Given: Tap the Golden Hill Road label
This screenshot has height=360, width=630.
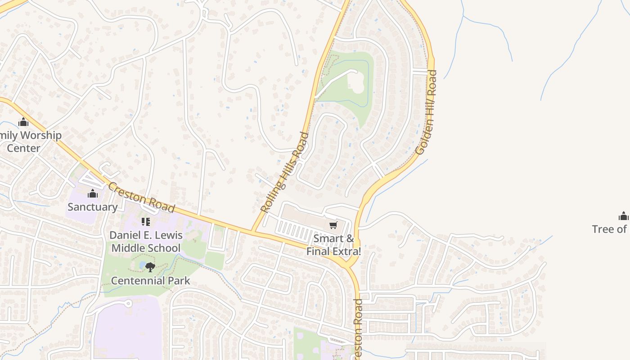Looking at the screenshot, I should (426, 112).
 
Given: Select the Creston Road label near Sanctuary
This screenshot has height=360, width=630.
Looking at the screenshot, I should (141, 198).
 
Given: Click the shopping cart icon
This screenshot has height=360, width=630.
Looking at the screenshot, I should (333, 225).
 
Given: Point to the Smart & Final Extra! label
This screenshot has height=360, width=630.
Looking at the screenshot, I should (333, 245).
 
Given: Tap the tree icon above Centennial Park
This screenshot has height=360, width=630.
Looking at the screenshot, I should (150, 267).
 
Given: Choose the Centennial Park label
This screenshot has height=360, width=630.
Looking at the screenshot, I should (150, 281).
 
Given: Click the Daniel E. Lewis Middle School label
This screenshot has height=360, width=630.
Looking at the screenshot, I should (146, 241).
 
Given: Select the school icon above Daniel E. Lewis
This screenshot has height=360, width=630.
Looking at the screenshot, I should (146, 221).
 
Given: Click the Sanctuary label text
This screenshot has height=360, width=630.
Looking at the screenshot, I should (92, 207).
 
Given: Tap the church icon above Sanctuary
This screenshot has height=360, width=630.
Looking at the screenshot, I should (93, 194).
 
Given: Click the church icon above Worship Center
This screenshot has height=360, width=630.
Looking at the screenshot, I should (23, 122).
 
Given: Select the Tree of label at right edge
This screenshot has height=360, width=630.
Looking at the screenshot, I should (610, 229).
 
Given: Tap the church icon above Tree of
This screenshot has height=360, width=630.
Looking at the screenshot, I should (623, 216).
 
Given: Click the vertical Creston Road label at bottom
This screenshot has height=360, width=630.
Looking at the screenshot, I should (358, 328).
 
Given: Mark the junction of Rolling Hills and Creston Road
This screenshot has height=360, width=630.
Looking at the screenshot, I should (253, 231).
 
